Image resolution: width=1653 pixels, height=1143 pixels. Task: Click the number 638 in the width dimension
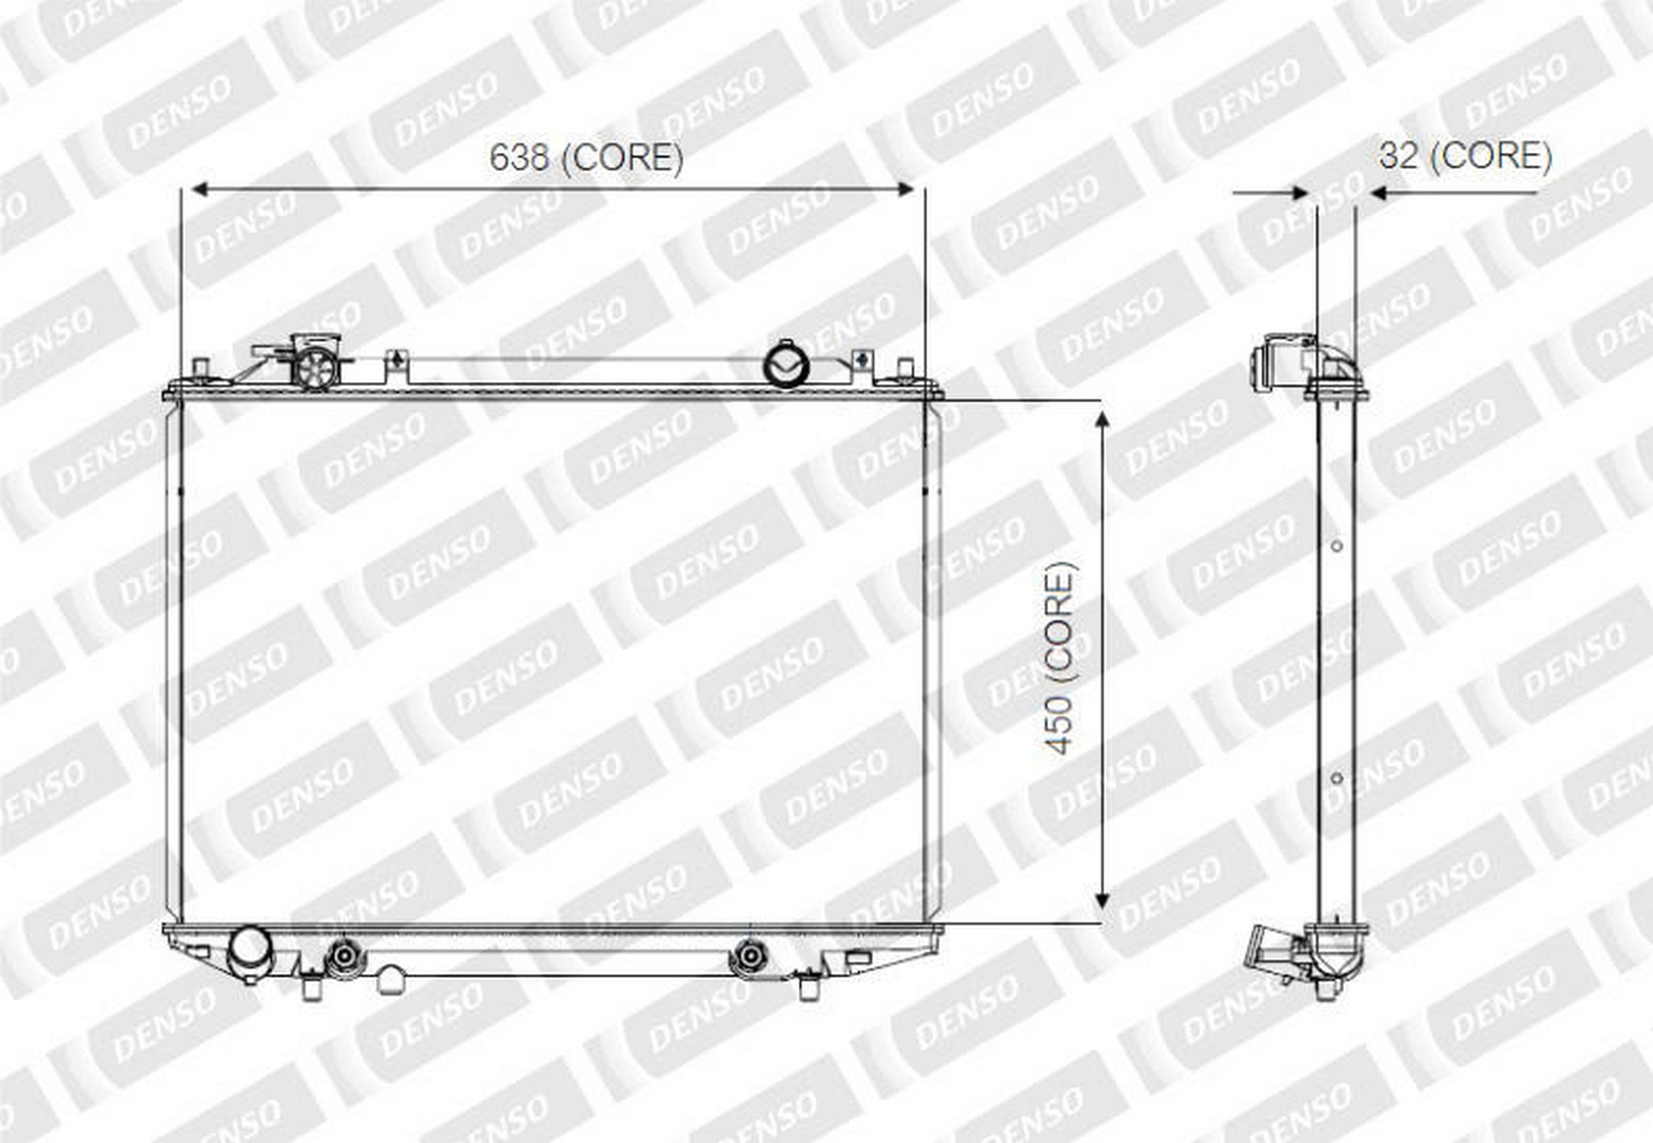[519, 157]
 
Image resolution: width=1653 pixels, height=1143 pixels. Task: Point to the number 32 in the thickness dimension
[1398, 155]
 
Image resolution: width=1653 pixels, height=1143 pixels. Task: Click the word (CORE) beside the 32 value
[1491, 156]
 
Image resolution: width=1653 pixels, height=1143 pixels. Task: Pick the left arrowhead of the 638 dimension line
[200, 189]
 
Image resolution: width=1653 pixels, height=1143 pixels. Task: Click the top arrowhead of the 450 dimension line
[1102, 419]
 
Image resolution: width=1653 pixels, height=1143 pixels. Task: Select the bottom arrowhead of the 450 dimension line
[1102, 901]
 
